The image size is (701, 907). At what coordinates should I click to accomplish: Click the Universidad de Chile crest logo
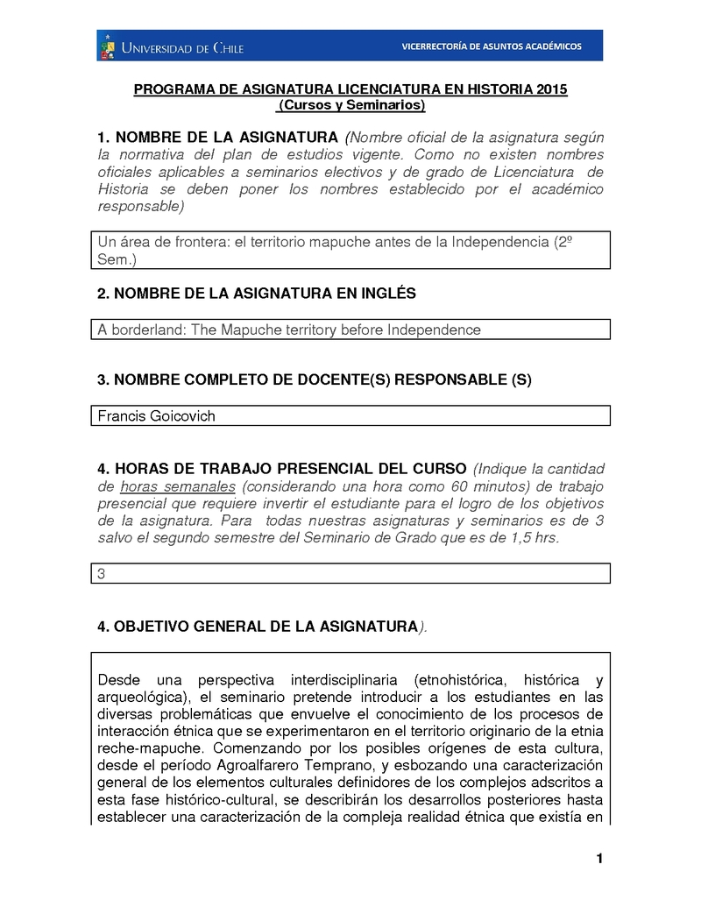(x=108, y=46)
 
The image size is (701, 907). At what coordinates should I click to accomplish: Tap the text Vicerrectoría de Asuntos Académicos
(x=491, y=46)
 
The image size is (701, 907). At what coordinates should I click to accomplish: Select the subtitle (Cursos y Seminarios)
(x=350, y=105)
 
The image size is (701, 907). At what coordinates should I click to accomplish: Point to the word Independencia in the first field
(x=499, y=242)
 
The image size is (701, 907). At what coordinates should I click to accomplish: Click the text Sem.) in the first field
(x=117, y=259)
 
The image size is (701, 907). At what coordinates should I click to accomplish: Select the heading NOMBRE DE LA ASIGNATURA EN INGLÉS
(x=256, y=294)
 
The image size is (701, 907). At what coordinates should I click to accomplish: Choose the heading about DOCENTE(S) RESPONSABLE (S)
(x=315, y=379)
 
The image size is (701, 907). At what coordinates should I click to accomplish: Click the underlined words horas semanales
(x=178, y=486)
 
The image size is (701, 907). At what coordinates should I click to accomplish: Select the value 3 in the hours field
(x=102, y=574)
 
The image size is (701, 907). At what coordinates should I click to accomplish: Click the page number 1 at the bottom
(x=599, y=858)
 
